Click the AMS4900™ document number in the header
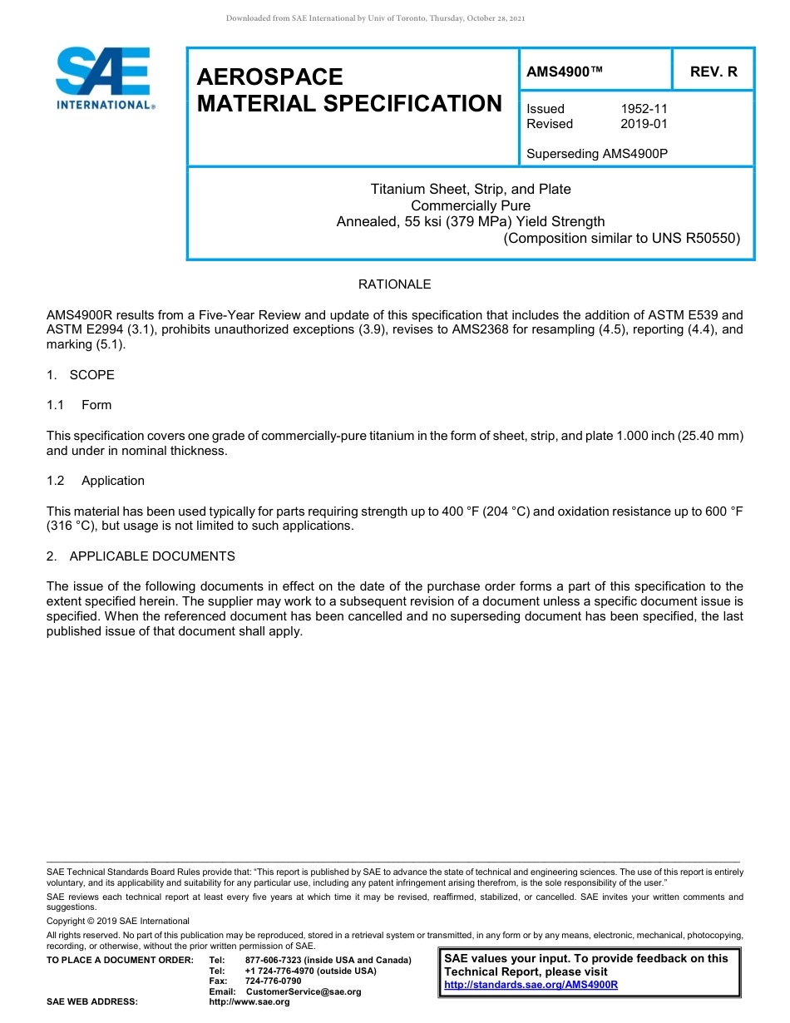pyautogui.click(x=565, y=72)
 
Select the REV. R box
pyautogui.click(x=713, y=72)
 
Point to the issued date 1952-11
pyautogui.click(x=644, y=109)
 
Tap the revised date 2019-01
pyautogui.click(x=644, y=124)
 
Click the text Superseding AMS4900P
pyautogui.click(x=597, y=154)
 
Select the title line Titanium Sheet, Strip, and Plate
pyautogui.click(x=471, y=189)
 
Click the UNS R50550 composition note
pyautogui.click(x=621, y=238)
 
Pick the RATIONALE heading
pyautogui.click(x=394, y=284)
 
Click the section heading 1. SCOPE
pyautogui.click(x=81, y=375)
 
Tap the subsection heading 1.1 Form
pyautogui.click(x=80, y=405)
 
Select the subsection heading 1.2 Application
pyautogui.click(x=96, y=481)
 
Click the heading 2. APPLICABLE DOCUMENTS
pyautogui.click(x=141, y=556)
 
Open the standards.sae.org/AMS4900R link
pyautogui.click(x=531, y=985)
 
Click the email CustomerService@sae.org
pyautogui.click(x=304, y=991)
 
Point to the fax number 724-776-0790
pyautogui.click(x=274, y=981)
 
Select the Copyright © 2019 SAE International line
pyautogui.click(x=118, y=921)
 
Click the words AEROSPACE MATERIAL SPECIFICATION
pyautogui.click(x=349, y=90)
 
